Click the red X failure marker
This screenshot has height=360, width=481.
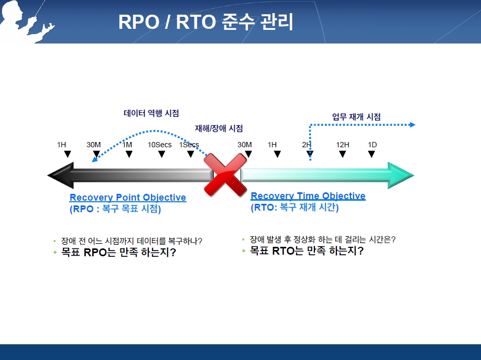pyautogui.click(x=225, y=174)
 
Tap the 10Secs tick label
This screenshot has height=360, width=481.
pyautogui.click(x=159, y=145)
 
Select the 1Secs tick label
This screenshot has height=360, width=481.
pyautogui.click(x=189, y=145)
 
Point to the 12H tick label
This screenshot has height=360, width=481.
pyautogui.click(x=343, y=145)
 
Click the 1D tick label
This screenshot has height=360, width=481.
pyautogui.click(x=372, y=145)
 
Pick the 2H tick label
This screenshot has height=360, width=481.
pyautogui.click(x=307, y=145)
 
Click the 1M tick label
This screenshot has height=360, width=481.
pyautogui.click(x=127, y=145)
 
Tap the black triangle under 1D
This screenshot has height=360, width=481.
pyautogui.click(x=371, y=154)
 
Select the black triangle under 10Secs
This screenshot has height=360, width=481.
pyautogui.click(x=162, y=154)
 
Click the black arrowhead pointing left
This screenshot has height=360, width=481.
pyautogui.click(x=61, y=175)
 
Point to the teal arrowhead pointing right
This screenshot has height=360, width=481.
pyautogui.click(x=401, y=175)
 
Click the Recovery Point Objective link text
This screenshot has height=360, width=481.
pyautogui.click(x=128, y=198)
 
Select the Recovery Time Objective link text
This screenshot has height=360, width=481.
pyautogui.click(x=308, y=196)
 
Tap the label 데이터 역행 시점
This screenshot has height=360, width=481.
pyautogui.click(x=151, y=113)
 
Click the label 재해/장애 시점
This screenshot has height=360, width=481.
pyautogui.click(x=218, y=128)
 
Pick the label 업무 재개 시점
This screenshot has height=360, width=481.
pyautogui.click(x=356, y=117)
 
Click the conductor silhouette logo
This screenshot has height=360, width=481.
pyautogui.click(x=25, y=21)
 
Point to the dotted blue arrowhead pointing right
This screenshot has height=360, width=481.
pyautogui.click(x=412, y=125)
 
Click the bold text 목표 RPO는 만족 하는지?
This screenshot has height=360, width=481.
pyautogui.click(x=118, y=252)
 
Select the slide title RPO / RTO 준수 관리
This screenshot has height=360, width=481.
pyautogui.click(x=205, y=22)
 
